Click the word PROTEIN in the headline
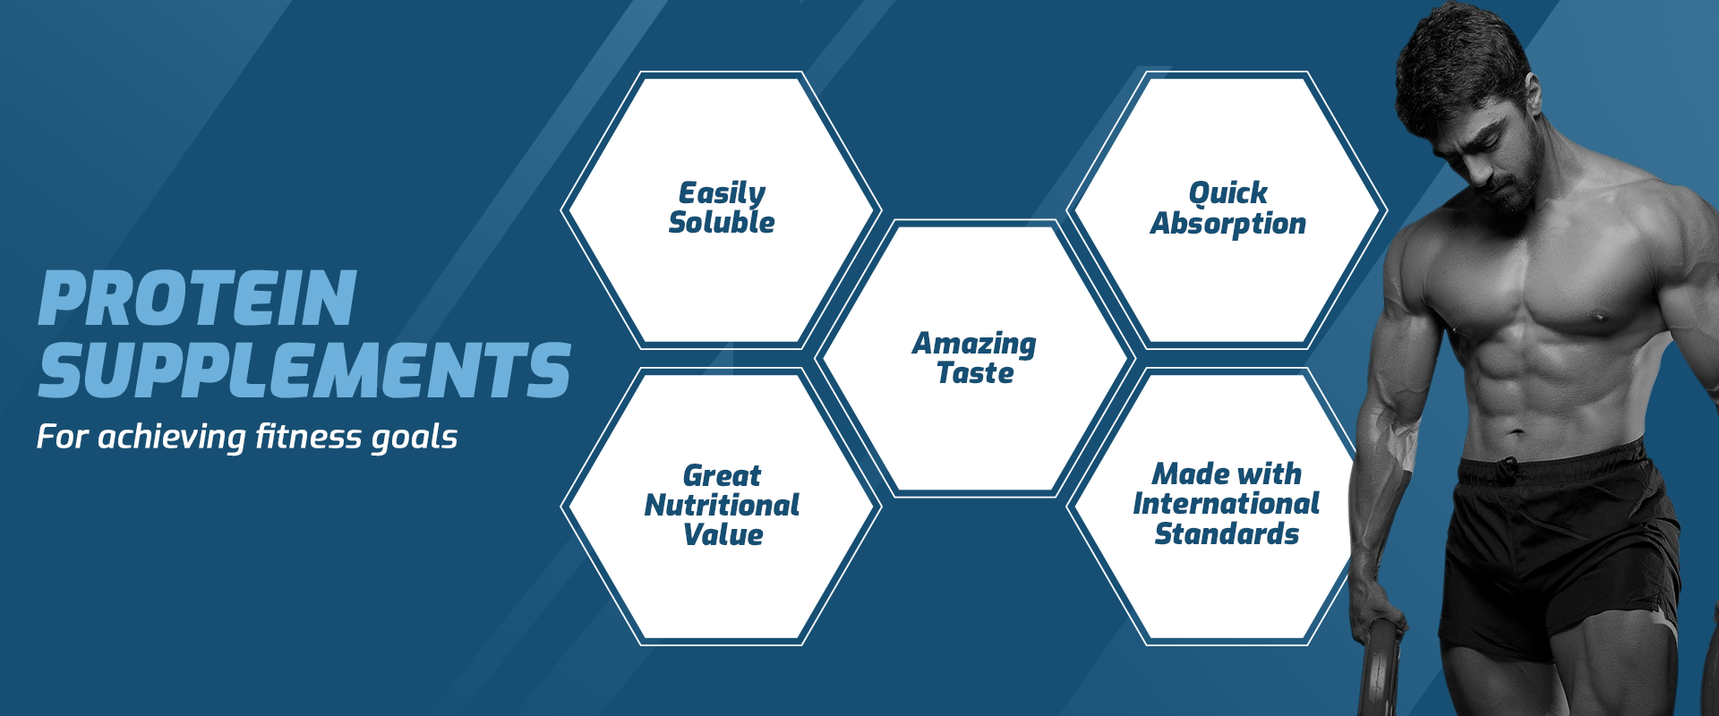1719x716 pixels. [x=198, y=298]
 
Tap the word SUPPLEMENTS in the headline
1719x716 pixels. [x=304, y=370]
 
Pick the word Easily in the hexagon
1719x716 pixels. [x=722, y=193]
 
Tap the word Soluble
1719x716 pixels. [x=722, y=222]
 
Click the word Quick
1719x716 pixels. [x=1227, y=193]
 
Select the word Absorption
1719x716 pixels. [x=1227, y=224]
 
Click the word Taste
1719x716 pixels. [x=975, y=372]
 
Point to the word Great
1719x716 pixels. [x=722, y=475]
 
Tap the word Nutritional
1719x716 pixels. [x=722, y=505]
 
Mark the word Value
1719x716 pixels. [x=723, y=534]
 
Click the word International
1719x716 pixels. [x=1227, y=503]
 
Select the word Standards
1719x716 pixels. [x=1227, y=533]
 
